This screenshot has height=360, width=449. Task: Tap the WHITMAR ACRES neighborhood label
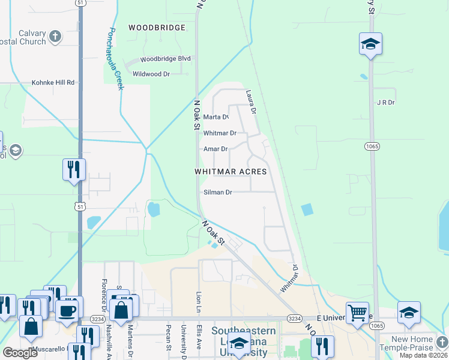pyautogui.click(x=231, y=172)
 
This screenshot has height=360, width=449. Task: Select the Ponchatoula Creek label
pyautogui.click(x=116, y=59)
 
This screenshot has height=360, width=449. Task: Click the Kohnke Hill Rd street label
pyautogui.click(x=53, y=82)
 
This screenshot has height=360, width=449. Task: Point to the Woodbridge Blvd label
pyautogui.click(x=165, y=59)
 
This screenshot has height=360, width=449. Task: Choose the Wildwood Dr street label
pyautogui.click(x=151, y=74)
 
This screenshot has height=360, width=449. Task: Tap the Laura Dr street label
pyautogui.click(x=251, y=103)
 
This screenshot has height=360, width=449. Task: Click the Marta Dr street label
pyautogui.click(x=216, y=117)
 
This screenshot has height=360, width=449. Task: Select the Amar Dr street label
pyautogui.click(x=215, y=149)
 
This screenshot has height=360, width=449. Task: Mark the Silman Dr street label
pyautogui.click(x=217, y=193)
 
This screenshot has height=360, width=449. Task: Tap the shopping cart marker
pyautogui.click(x=357, y=311)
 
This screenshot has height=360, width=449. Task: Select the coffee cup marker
pyautogui.click(x=66, y=309)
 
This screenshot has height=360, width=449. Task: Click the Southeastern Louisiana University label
pyautogui.click(x=243, y=339)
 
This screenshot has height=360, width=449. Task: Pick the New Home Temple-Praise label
pyautogui.click(x=412, y=344)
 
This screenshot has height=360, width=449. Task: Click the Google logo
pyautogui.click(x=20, y=353)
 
